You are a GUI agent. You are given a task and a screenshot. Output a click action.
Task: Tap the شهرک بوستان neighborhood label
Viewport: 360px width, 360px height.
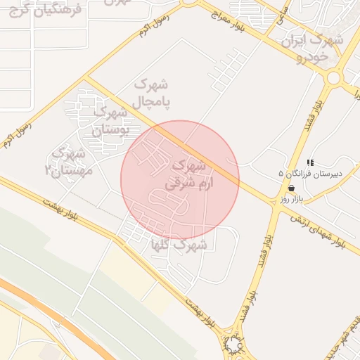tap(111, 121)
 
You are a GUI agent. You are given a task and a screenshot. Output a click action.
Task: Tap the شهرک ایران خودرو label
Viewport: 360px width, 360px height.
tap(312, 46)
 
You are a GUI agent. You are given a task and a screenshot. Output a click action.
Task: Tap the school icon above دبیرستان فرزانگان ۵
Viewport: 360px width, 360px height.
tap(310, 162)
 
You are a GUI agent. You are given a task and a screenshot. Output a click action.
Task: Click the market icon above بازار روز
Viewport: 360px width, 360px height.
tap(291, 188)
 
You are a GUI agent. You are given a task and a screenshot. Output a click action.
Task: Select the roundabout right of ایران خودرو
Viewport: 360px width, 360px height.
tap(333, 77)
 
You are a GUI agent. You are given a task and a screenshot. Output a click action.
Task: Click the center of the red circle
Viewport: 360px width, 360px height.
tap(180, 180)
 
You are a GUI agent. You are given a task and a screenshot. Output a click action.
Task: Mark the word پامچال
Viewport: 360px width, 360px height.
tap(148, 102)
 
